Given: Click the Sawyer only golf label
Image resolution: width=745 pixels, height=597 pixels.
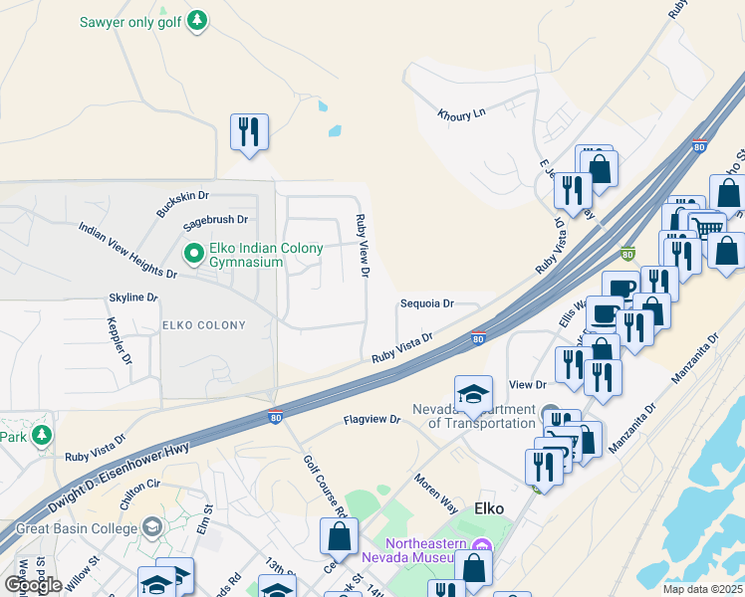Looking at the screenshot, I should coord(132,20).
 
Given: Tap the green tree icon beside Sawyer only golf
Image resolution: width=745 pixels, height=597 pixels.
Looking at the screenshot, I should coord(198,20).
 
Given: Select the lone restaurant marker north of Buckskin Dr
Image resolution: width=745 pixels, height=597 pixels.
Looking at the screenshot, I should coord(247,132).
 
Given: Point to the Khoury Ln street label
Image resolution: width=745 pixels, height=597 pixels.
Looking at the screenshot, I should coord(460,113).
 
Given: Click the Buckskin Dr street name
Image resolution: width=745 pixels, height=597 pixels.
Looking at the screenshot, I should coord(182,205).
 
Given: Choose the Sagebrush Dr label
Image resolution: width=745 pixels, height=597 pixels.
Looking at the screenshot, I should coord(214,219).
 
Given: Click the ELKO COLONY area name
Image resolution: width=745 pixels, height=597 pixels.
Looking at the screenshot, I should coord(203,325).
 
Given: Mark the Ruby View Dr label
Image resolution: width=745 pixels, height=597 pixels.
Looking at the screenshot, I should coord(363,246).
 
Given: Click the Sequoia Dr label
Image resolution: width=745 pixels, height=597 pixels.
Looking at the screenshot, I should coord(426,303).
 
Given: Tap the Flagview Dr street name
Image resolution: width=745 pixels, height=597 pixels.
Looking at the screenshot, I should coord(372,421).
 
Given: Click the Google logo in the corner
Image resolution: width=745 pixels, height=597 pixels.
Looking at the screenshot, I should coord(33,584).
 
